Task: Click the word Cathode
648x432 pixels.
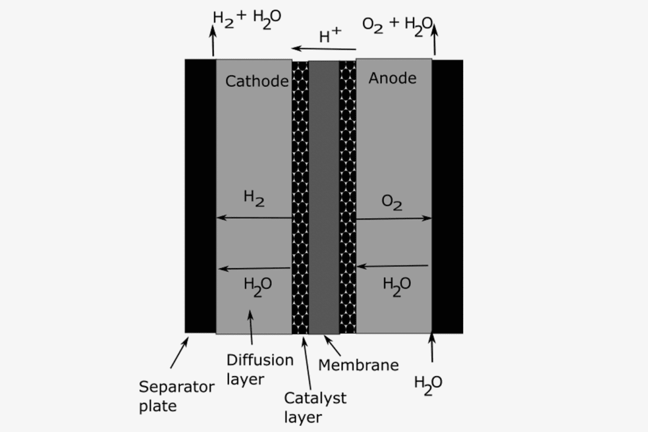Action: tap(257, 81)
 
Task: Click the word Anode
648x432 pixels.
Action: tap(393, 78)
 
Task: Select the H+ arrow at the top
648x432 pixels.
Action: tap(323, 49)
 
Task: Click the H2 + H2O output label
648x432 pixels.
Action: tap(247, 20)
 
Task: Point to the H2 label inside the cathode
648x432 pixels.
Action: tap(254, 198)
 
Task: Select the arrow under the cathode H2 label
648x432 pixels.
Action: tap(254, 217)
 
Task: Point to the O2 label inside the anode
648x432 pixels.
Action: tap(391, 202)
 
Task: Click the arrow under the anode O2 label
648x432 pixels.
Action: tap(394, 219)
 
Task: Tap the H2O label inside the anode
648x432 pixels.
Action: tap(396, 287)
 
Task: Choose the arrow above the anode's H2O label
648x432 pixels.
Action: tap(392, 266)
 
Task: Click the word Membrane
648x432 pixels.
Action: tap(359, 365)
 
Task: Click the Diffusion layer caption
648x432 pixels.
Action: tap(260, 369)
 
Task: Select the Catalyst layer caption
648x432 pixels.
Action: tap(315, 408)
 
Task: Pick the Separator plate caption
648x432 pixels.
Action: tap(177, 396)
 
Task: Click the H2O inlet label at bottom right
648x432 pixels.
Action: tap(428, 386)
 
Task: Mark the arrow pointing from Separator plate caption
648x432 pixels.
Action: tap(179, 353)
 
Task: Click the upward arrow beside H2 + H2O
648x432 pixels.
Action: tap(213, 40)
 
